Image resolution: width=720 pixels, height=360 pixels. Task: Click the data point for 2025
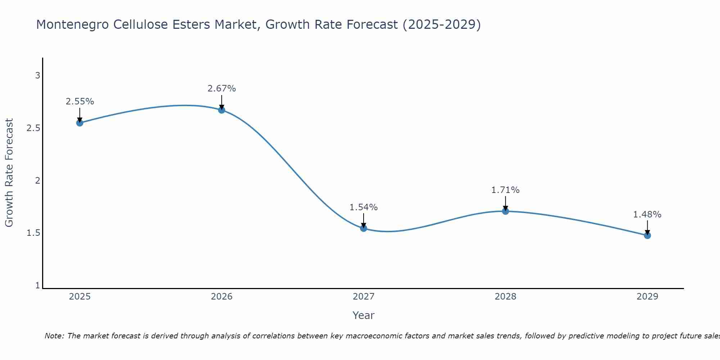coord(80,123)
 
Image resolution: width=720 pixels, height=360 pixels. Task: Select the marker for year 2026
coord(222,110)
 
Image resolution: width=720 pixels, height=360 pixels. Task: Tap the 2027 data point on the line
coord(364,228)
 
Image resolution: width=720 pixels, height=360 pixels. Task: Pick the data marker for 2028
coord(505,211)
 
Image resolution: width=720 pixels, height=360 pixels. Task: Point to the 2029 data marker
coord(647,235)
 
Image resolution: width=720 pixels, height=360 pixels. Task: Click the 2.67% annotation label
coord(222,89)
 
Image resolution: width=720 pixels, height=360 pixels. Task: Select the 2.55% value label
coord(80,102)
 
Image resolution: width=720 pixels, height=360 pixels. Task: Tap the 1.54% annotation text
coord(364,207)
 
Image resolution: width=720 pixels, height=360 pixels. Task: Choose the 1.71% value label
coord(505,190)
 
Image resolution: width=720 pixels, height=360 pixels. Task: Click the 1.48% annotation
coord(647,215)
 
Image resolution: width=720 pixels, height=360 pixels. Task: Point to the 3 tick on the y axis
coord(37,76)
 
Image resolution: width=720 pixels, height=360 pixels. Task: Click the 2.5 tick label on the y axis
coord(33,128)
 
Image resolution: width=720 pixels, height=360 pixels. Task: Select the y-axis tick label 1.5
coord(33,233)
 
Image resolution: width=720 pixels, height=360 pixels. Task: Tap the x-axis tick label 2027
coord(364,297)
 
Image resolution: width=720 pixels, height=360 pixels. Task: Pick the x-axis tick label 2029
coord(647,297)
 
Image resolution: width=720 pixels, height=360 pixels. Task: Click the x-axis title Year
coord(364,315)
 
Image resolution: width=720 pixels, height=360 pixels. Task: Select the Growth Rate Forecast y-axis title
coord(9,173)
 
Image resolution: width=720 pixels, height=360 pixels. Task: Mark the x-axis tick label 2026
coord(222,297)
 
